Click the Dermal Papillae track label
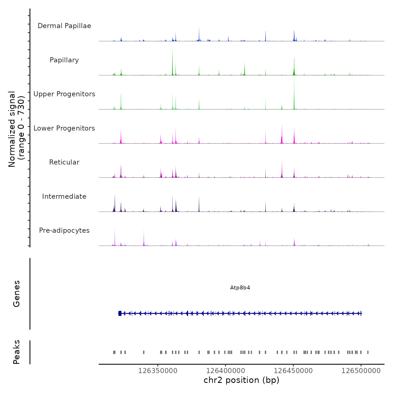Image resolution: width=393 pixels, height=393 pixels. pyautogui.click(x=64, y=26)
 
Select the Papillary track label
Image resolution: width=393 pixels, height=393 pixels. pyautogui.click(x=64, y=60)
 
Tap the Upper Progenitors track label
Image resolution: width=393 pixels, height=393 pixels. pyautogui.click(x=64, y=94)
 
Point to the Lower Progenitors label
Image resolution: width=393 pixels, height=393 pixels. pyautogui.click(x=64, y=128)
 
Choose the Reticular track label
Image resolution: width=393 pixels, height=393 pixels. pyautogui.click(x=64, y=162)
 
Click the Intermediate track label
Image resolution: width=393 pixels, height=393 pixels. pyautogui.click(x=64, y=196)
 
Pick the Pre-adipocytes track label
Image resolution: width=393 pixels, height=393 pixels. pyautogui.click(x=64, y=230)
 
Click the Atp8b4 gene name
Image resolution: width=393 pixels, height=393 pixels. pyautogui.click(x=240, y=288)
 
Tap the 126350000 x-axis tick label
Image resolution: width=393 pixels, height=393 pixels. pyautogui.click(x=158, y=371)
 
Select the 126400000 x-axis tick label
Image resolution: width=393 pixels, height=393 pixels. pyautogui.click(x=226, y=371)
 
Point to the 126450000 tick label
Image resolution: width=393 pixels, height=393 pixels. pyautogui.click(x=293, y=371)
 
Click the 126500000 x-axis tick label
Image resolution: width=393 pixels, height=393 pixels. pyautogui.click(x=361, y=371)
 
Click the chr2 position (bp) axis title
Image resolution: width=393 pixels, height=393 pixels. pyautogui.click(x=241, y=380)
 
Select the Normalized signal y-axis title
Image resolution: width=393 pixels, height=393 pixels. pyautogui.click(x=16, y=129)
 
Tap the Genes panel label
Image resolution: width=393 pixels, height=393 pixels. pyautogui.click(x=17, y=294)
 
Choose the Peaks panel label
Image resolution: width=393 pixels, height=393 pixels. pyautogui.click(x=17, y=352)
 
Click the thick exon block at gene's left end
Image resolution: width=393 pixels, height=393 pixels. pyautogui.click(x=120, y=313)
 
